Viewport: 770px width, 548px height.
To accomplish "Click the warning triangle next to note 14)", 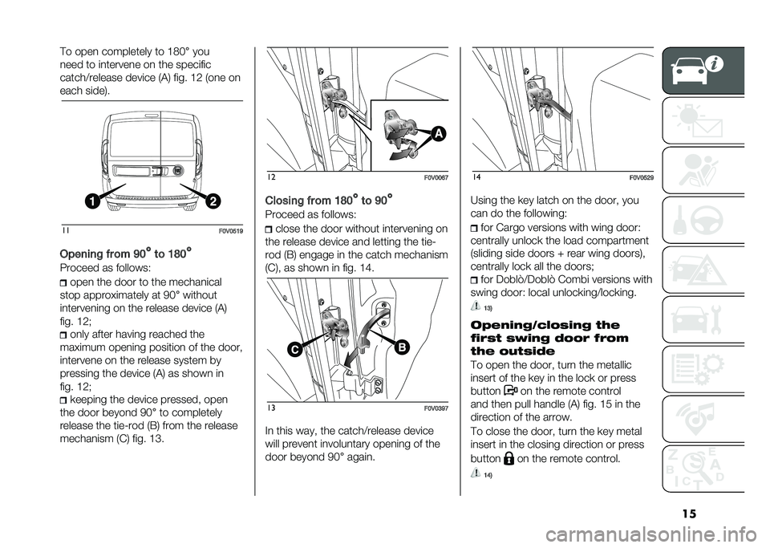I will click(478, 473).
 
